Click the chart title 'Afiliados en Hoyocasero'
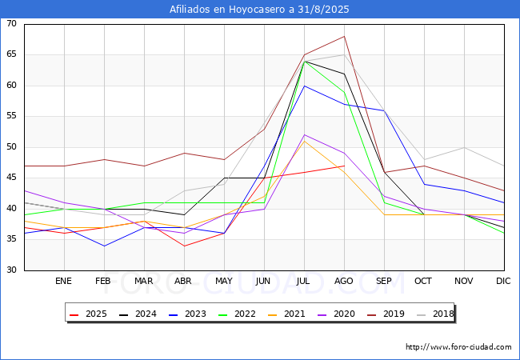point(228,9)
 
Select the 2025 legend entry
point(88,314)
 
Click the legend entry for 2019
point(386,314)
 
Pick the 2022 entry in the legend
point(237,314)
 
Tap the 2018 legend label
point(435,314)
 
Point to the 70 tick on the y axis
point(12,23)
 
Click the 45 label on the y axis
point(12,178)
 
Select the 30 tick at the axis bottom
point(12,270)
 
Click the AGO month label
point(343,281)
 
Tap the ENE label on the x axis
point(63,281)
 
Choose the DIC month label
point(503,281)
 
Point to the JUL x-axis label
point(303,281)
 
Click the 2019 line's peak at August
point(344,36)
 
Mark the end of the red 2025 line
point(344,166)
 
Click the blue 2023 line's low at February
point(105,246)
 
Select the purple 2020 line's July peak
point(305,135)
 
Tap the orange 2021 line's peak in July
point(305,141)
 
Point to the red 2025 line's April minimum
point(184,246)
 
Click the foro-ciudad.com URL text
point(458,347)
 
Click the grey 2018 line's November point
point(464,147)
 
